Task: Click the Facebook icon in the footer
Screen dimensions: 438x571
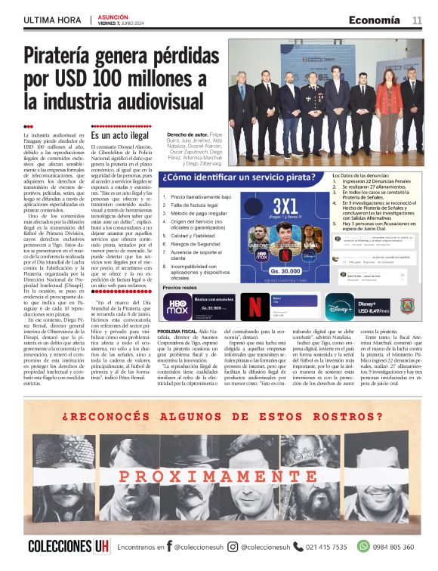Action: (169, 547)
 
